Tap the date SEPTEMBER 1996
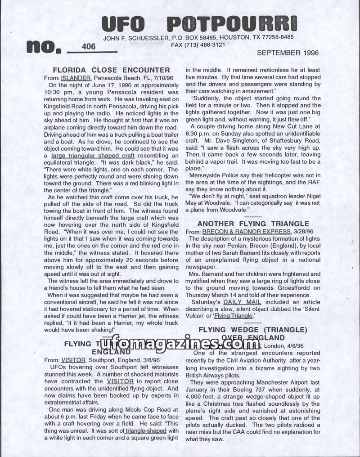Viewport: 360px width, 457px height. (x=288, y=53)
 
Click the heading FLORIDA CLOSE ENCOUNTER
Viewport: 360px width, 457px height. (x=111, y=70)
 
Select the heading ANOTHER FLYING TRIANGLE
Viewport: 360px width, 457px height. (x=253, y=224)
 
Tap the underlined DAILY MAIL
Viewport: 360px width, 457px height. (x=242, y=302)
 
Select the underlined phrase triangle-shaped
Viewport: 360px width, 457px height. (x=144, y=430)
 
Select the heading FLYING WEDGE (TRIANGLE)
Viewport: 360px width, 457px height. (x=253, y=330)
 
